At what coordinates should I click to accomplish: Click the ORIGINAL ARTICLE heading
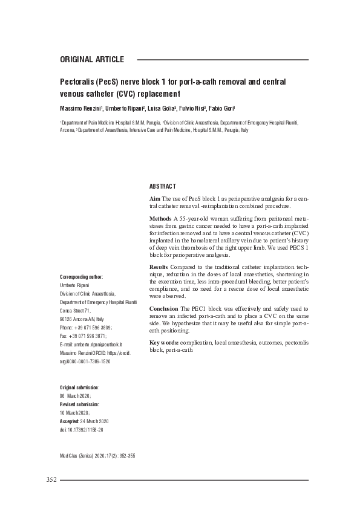pyautogui.click(x=92, y=60)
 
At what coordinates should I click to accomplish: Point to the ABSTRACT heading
pyautogui.click(x=162, y=186)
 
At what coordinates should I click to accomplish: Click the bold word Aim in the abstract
pyautogui.click(x=154, y=198)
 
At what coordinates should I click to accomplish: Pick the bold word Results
pyautogui.click(x=159, y=267)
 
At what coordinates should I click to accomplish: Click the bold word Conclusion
pyautogui.click(x=163, y=308)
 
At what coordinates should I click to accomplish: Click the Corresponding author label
pyautogui.click(x=81, y=277)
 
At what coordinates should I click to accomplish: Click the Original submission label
pyautogui.click(x=79, y=386)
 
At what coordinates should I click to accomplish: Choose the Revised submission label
pyautogui.click(x=79, y=403)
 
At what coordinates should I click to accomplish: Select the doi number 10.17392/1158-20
pyautogui.click(x=87, y=429)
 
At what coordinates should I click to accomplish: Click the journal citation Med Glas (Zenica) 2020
pyautogui.click(x=82, y=455)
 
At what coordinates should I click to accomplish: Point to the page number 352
pyautogui.click(x=51, y=480)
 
